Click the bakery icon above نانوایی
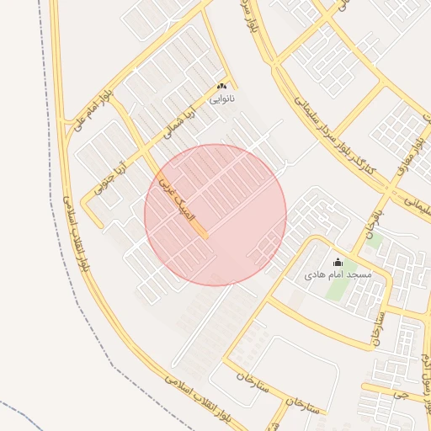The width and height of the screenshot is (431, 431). point(222,87)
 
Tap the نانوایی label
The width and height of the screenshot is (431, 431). point(222,98)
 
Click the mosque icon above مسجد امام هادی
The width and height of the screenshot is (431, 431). point(338,262)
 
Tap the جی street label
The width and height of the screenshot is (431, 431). point(407,392)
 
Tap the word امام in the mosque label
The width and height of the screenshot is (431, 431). point(333,275)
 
